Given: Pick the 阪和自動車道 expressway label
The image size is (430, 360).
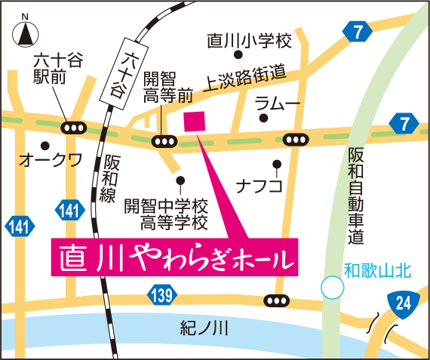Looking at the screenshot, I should [x=357, y=195].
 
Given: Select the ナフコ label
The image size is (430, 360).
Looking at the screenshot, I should [x=259, y=184].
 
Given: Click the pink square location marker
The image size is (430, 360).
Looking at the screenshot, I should [x=195, y=122].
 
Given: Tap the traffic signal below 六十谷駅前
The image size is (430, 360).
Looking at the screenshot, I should [x=74, y=128].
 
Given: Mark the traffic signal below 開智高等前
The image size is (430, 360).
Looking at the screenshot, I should [x=164, y=141].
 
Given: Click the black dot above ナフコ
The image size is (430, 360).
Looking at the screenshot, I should [x=277, y=163].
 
